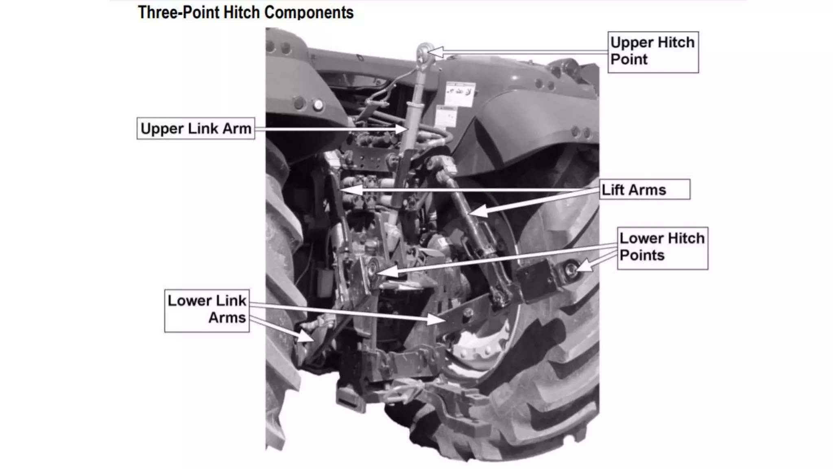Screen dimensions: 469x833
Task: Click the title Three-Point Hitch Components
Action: [x=246, y=12]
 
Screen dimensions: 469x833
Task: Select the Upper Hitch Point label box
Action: [x=653, y=52]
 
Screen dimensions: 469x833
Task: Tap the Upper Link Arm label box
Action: [x=196, y=129]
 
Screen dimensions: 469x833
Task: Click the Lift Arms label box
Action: [x=645, y=190]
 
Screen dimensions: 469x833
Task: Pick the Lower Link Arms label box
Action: [x=207, y=311]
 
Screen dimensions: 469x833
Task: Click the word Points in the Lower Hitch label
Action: [x=642, y=256]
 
